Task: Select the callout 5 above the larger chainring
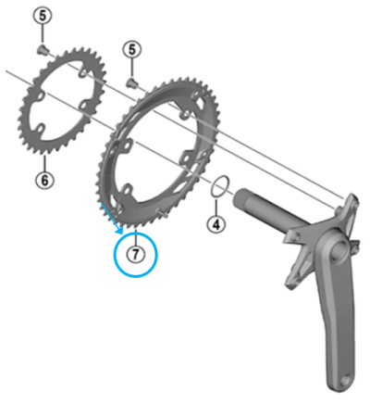pyautogui.click(x=134, y=48)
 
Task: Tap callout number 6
pyautogui.click(x=43, y=180)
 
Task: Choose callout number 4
pyautogui.click(x=215, y=222)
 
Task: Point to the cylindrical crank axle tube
pyautogui.click(x=268, y=208)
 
